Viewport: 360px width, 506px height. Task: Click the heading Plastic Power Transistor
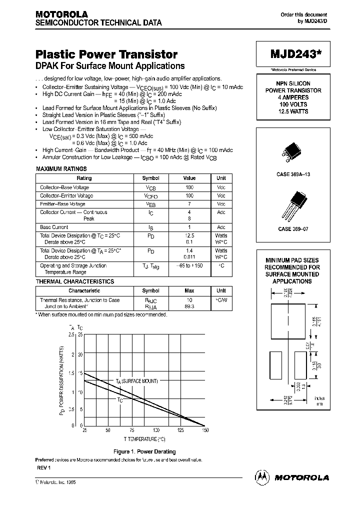(106, 54)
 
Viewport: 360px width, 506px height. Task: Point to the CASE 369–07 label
(292, 228)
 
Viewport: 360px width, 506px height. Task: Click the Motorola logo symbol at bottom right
(262, 477)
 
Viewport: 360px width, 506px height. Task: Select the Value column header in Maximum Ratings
(189, 178)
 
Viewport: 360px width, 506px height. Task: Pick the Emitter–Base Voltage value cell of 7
(189, 204)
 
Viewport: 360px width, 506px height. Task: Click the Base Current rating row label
(54, 227)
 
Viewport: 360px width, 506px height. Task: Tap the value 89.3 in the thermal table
(189, 306)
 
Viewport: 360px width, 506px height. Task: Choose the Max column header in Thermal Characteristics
(189, 291)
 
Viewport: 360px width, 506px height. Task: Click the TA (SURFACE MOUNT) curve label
(136, 381)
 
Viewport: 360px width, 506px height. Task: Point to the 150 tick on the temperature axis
(204, 430)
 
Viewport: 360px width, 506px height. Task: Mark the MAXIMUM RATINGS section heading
(61, 169)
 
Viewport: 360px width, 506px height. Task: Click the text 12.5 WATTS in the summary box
(292, 111)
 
